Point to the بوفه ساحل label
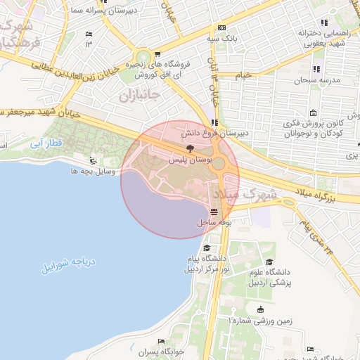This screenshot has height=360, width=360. pyautogui.click(x=214, y=221)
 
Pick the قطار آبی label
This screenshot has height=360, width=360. pyautogui.click(x=47, y=144)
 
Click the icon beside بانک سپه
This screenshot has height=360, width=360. pyautogui.click(x=221, y=28)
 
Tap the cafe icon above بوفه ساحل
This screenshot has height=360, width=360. pyautogui.click(x=214, y=212)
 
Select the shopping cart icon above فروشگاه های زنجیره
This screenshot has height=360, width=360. pyautogui.click(x=157, y=53)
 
